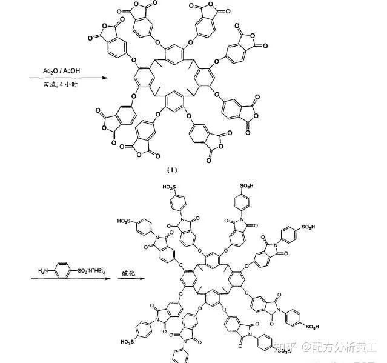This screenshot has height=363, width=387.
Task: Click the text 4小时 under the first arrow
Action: tap(70, 86)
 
